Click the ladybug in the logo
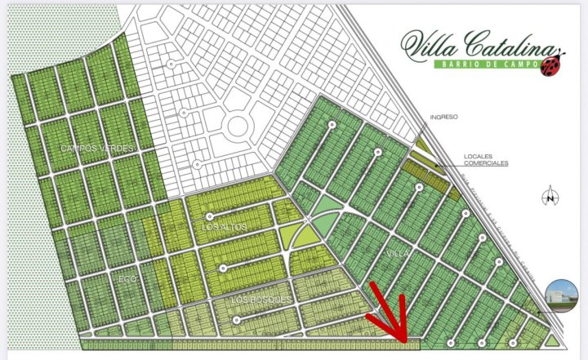coord(553,65)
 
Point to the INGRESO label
coord(442,117)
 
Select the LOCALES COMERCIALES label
coord(485,159)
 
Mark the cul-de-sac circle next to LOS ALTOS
coord(210,216)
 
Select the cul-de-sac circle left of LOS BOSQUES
coord(237,319)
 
